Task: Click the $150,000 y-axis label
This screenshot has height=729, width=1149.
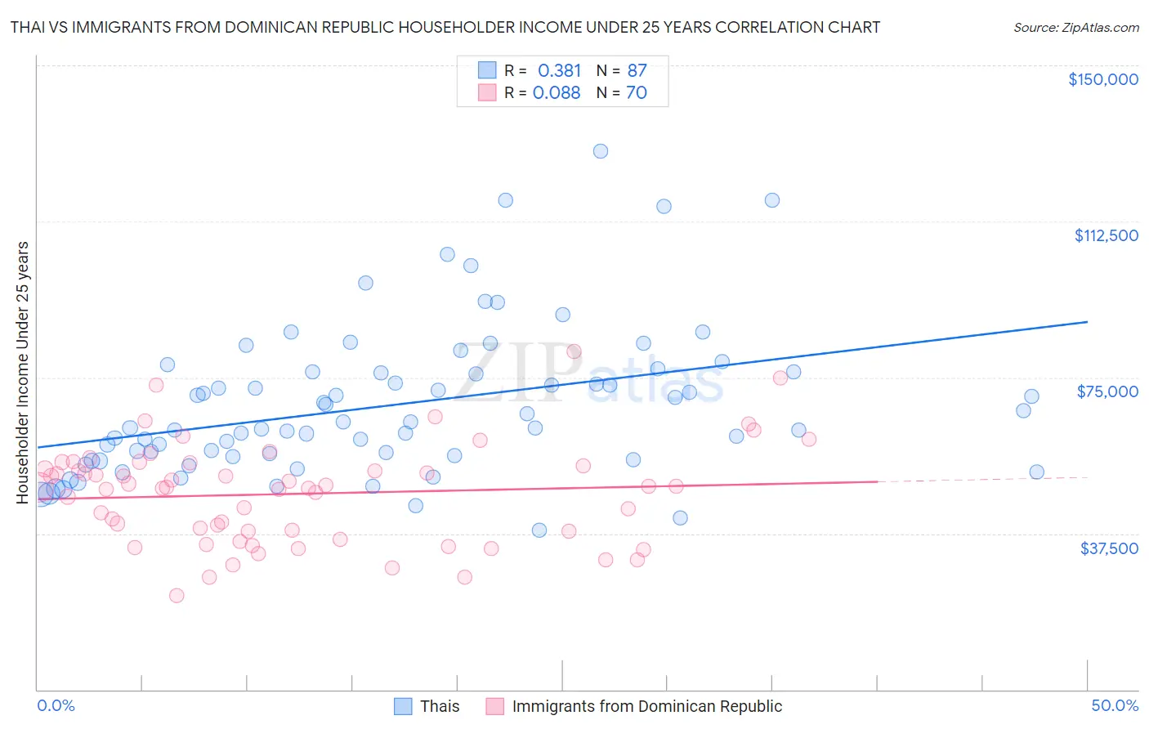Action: pyautogui.click(x=1102, y=79)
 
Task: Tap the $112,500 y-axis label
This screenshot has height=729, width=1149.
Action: pyautogui.click(x=1106, y=235)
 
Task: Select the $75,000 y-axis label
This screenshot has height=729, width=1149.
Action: pyautogui.click(x=1107, y=391)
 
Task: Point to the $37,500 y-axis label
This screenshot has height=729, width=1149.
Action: pyautogui.click(x=1109, y=548)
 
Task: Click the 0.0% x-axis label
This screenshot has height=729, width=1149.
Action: pyautogui.click(x=56, y=705)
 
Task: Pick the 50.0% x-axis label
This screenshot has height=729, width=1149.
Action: pyautogui.click(x=1115, y=705)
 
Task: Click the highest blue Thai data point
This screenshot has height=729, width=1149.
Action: pyautogui.click(x=601, y=151)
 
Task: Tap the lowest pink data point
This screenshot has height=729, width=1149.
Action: pyautogui.click(x=177, y=596)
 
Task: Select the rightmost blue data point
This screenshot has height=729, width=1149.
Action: pyautogui.click(x=1036, y=472)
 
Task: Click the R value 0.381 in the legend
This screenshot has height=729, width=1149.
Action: pyautogui.click(x=559, y=71)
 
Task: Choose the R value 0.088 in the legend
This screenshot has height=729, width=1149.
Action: pyautogui.click(x=557, y=93)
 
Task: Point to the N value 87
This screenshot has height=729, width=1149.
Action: pyautogui.click(x=637, y=71)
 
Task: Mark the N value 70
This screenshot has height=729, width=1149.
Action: pyautogui.click(x=637, y=93)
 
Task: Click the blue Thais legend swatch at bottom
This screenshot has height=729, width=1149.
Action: pyautogui.click(x=403, y=706)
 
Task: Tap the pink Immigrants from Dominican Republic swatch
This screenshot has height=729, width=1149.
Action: pyautogui.click(x=494, y=706)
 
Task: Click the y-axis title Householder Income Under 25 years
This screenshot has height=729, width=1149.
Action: pyautogui.click(x=23, y=372)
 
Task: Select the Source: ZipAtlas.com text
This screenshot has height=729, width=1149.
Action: pyautogui.click(x=1075, y=28)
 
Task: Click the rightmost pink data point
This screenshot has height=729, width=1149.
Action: pyautogui.click(x=809, y=439)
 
